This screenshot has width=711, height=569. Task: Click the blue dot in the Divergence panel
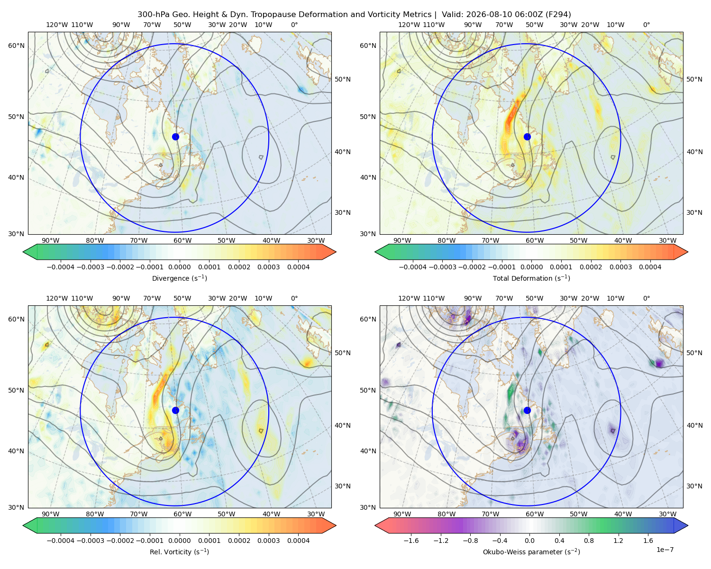175,137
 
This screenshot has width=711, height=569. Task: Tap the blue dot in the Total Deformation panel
527,137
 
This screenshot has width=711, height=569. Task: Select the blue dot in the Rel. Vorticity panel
175,410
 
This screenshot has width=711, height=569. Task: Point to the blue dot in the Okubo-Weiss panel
527,410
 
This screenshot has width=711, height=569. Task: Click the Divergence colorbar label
179,278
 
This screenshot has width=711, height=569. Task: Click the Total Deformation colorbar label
531,278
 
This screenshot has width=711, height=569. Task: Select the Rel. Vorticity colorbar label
179,552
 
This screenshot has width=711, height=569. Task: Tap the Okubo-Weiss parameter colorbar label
531,552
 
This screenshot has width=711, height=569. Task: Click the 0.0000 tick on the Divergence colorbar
179,267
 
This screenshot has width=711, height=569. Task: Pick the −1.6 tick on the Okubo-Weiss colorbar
411,541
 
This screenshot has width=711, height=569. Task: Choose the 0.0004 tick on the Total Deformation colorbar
650,267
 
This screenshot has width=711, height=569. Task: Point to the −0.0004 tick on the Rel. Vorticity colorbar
61,541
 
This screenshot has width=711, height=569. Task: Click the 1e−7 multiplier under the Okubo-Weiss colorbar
665,550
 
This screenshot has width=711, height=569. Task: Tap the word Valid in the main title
450,15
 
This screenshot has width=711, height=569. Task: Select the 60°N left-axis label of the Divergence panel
16,46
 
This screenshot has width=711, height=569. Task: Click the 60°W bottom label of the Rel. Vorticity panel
182,514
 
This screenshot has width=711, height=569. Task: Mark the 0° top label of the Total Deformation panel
646,25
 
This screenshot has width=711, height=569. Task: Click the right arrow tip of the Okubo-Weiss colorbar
688,526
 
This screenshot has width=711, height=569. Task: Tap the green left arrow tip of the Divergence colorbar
23,252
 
